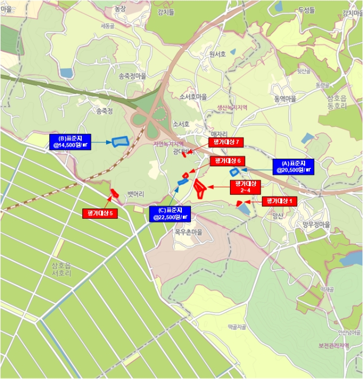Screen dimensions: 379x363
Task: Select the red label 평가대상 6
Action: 228,161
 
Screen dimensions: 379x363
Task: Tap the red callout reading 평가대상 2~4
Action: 245,187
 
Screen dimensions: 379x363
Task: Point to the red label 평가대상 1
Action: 280,201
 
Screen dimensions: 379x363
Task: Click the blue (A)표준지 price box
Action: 293,166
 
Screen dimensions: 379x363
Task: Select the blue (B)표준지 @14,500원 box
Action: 70,142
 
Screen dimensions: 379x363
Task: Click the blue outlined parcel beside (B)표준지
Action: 119,141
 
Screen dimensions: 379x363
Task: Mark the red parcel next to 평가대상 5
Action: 115,193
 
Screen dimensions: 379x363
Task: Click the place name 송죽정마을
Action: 132,76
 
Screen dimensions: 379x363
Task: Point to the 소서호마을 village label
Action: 193,96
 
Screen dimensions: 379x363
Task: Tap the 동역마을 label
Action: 285,99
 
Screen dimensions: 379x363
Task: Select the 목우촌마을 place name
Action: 188,232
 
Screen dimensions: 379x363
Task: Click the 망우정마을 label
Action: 316,224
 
